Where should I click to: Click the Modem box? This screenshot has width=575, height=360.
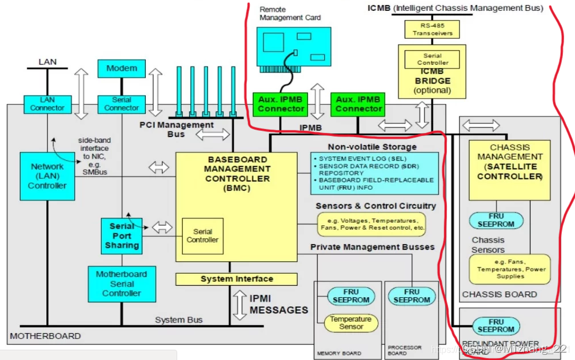click(x=122, y=69)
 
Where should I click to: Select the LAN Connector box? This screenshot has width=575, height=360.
click(x=47, y=104)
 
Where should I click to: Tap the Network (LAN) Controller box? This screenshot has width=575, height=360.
click(x=47, y=176)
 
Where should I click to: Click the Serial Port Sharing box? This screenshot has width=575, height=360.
click(x=121, y=236)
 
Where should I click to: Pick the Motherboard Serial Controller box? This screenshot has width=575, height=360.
click(x=121, y=283)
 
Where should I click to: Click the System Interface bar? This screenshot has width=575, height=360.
click(x=236, y=279)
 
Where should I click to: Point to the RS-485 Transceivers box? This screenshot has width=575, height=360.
click(x=432, y=29)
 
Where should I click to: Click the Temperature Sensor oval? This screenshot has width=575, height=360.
click(x=350, y=323)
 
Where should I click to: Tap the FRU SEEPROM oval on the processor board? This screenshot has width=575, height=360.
click(x=412, y=296)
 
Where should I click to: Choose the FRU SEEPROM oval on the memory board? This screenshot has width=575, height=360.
click(x=351, y=296)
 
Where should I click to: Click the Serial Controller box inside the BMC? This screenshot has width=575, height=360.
click(x=202, y=235)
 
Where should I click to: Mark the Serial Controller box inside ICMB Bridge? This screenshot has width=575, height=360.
click(x=432, y=59)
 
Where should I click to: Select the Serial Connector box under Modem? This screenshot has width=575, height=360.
click(x=121, y=104)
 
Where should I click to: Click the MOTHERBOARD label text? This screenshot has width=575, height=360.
click(x=46, y=336)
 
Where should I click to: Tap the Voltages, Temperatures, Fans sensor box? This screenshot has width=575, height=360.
click(x=372, y=223)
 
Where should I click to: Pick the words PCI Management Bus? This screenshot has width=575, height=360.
click(x=177, y=129)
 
